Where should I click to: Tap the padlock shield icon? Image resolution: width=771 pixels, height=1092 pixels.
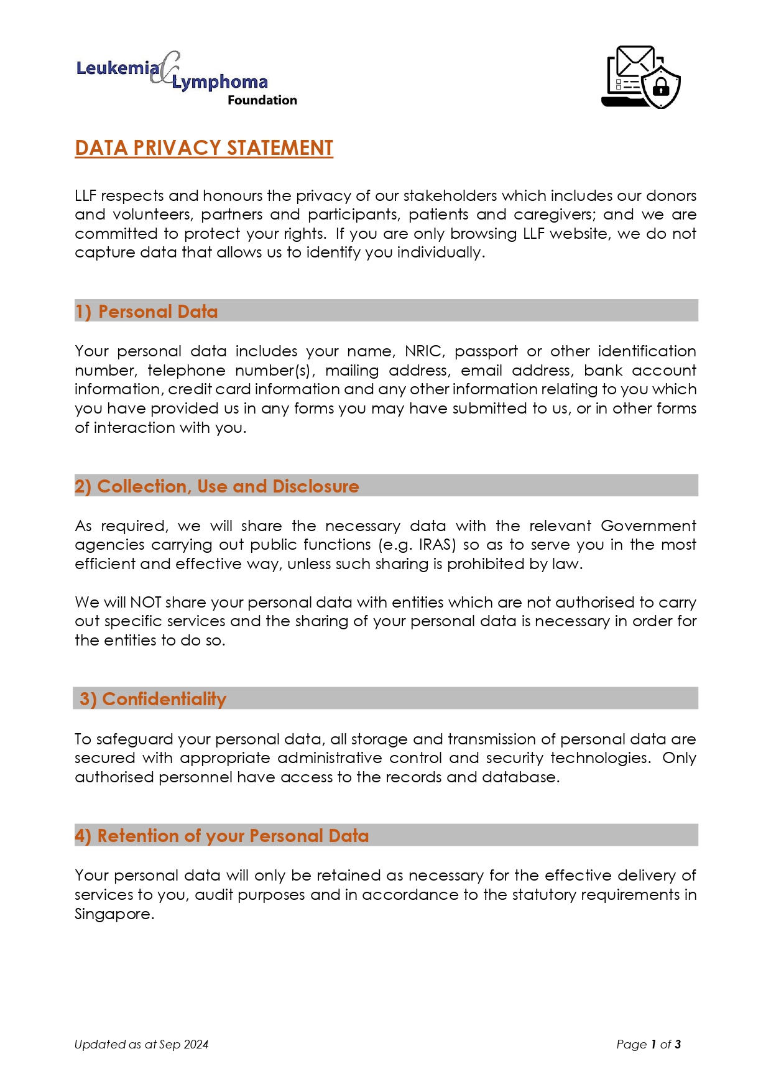[662, 86]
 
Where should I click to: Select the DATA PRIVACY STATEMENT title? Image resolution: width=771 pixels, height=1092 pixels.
[204, 148]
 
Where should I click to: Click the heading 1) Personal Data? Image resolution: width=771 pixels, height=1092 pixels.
[147, 312]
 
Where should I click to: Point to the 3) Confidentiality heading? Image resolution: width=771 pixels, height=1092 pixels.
[153, 699]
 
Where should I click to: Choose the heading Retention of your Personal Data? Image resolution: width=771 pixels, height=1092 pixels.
[222, 836]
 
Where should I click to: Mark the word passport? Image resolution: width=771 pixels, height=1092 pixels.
[486, 351]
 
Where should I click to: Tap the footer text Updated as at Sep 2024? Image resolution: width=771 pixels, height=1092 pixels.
[141, 1045]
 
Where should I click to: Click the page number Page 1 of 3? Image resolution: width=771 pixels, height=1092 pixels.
[649, 1045]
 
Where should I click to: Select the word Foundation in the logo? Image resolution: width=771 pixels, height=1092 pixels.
[262, 100]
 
